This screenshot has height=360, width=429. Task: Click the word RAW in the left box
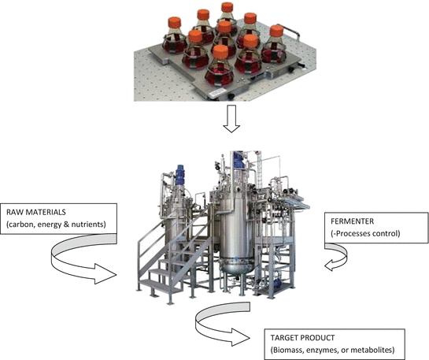click(16, 210)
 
